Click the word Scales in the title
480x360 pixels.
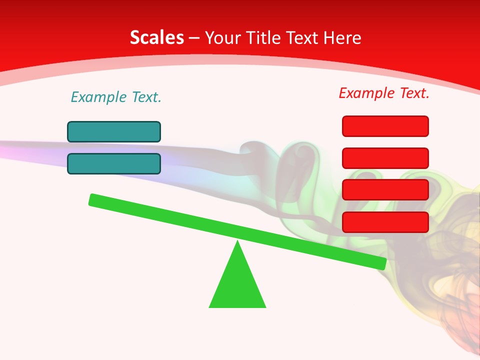[x=157, y=37]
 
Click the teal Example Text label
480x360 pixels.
[x=116, y=97]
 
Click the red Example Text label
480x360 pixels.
[x=384, y=93]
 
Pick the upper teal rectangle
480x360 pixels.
[x=114, y=131]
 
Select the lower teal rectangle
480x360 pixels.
[x=114, y=163]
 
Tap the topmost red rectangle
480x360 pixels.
[x=385, y=126]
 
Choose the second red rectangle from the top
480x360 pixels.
[x=385, y=158]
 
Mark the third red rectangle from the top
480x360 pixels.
[x=385, y=189]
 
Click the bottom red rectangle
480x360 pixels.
[x=385, y=222]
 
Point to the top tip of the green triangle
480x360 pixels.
[x=237, y=242]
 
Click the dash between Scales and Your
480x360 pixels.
[x=194, y=38]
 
